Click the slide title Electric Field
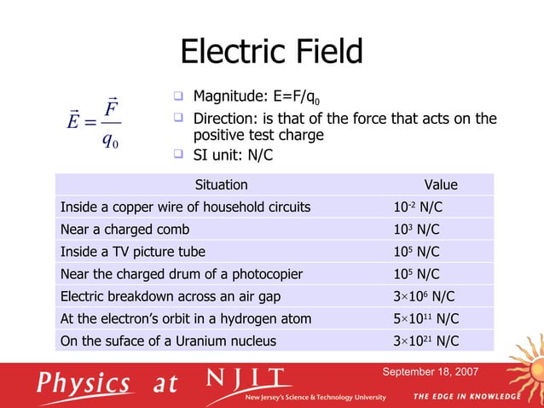(271, 52)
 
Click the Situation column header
(222, 184)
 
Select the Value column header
(441, 184)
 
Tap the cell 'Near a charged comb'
(124, 230)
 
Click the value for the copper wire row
(417, 207)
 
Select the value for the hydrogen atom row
(424, 318)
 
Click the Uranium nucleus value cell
(424, 341)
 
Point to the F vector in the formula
(111, 109)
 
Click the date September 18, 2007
(430, 372)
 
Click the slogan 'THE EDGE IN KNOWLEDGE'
(466, 397)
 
